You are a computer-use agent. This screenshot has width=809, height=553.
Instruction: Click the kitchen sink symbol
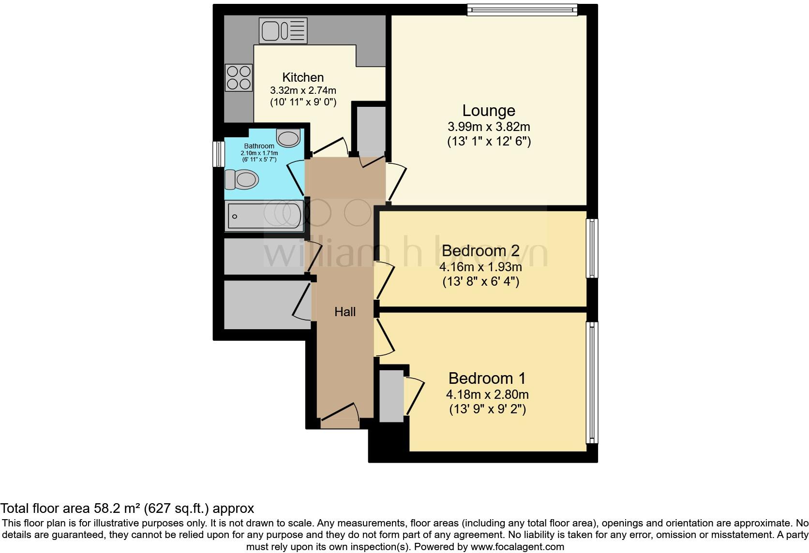pyautogui.click(x=283, y=30)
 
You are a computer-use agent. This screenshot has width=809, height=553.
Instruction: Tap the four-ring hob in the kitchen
pyautogui.click(x=239, y=77)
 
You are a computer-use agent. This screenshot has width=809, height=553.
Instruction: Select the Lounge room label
pyautogui.click(x=488, y=111)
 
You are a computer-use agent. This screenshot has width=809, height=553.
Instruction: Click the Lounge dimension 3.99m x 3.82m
pyautogui.click(x=489, y=127)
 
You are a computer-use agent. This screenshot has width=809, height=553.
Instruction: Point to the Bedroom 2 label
pyautogui.click(x=480, y=251)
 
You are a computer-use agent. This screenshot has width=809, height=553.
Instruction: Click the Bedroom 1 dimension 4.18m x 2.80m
pyautogui.click(x=487, y=394)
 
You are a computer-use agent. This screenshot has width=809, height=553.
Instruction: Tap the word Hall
pyautogui.click(x=345, y=312)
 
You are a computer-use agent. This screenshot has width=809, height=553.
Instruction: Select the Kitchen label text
pyautogui.click(x=303, y=77)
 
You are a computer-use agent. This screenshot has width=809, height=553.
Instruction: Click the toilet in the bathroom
pyautogui.click(x=241, y=180)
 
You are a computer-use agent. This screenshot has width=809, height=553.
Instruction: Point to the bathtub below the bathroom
pyautogui.click(x=264, y=216)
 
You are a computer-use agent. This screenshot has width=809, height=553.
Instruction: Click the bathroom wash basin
pyautogui.click(x=288, y=138)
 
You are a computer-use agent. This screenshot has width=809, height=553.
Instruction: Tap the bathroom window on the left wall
pyautogui.click(x=219, y=154)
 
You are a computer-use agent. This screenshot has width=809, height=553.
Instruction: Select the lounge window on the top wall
pyautogui.click(x=522, y=10)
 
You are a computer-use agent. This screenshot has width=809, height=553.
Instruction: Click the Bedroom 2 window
pyautogui.click(x=592, y=248)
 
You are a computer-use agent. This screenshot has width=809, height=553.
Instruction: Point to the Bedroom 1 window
pyautogui.click(x=592, y=382)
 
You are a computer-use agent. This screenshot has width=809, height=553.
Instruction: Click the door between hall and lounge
pyautogui.click(x=396, y=181)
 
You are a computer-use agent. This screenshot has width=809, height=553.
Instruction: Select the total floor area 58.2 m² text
pyautogui.click(x=127, y=509)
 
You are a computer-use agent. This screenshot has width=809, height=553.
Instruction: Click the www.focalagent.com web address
pyautogui.click(x=517, y=547)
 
